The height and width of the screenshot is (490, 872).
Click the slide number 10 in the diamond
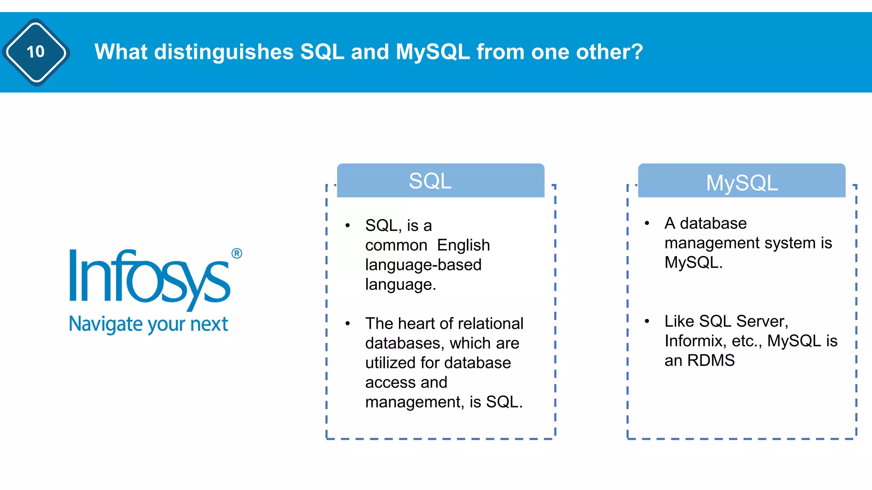36,52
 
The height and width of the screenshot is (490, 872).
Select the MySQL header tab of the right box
741,182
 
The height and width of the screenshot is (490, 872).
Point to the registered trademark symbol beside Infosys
237,254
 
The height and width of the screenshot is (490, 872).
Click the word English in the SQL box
463,245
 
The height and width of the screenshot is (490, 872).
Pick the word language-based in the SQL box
423,265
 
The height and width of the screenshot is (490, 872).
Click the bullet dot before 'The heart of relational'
348,324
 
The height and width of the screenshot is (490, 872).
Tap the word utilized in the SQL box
390,363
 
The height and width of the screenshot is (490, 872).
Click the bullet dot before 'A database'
647,223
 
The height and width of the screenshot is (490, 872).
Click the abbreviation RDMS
711,360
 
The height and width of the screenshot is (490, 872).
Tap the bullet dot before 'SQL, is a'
348,225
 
